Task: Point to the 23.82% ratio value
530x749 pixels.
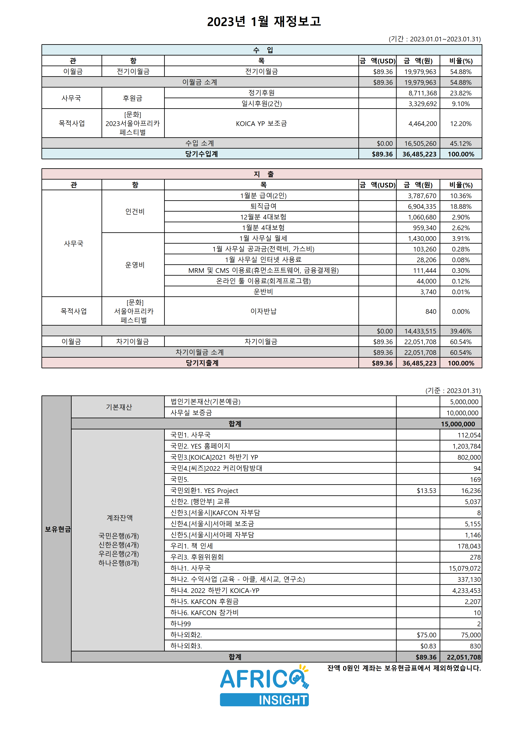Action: pyautogui.click(x=461, y=93)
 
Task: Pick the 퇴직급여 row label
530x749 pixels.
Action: pyautogui.click(x=263, y=206)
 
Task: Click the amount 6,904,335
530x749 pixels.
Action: pyautogui.click(x=422, y=206)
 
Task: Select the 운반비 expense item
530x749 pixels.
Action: pyautogui.click(x=263, y=292)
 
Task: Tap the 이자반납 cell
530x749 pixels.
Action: pyautogui.click(x=263, y=311)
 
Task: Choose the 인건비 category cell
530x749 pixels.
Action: pyautogui.click(x=135, y=211)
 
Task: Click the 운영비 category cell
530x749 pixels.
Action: pyautogui.click(x=135, y=265)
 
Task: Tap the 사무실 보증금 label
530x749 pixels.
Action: pyautogui.click(x=191, y=413)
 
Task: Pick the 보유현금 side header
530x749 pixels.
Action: pyautogui.click(x=57, y=529)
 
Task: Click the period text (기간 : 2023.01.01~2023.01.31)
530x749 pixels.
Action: pyautogui.click(x=434, y=39)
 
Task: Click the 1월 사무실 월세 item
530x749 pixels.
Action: pyautogui.click(x=263, y=238)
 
